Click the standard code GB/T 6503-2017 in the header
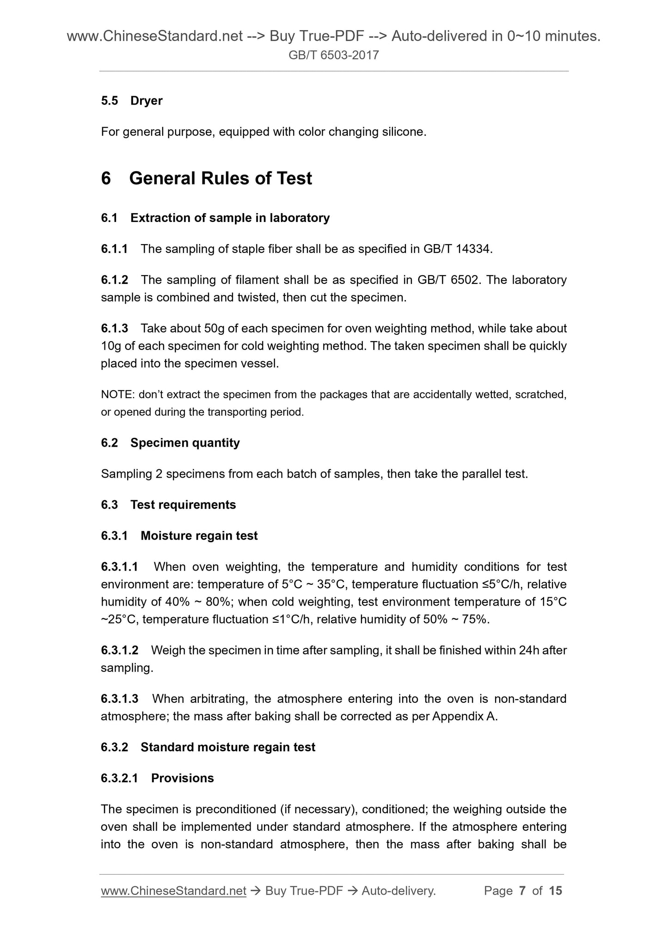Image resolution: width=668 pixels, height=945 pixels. coord(333,55)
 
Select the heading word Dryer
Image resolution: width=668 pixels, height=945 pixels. coord(146,101)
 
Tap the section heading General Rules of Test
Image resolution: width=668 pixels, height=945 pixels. coord(221,178)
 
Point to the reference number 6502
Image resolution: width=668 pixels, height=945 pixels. coord(464,280)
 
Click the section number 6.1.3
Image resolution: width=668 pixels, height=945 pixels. coord(114,329)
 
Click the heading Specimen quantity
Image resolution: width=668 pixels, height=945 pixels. coord(185,443)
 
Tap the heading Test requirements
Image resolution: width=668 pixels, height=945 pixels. coord(183,505)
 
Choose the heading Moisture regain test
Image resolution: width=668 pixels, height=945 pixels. coord(199,536)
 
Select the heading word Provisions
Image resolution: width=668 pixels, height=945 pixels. coord(183,778)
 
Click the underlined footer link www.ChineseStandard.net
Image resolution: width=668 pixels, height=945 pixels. coord(173,891)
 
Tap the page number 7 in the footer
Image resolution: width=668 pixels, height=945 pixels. coord(522,891)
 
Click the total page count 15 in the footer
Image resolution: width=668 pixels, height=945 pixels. coord(555,891)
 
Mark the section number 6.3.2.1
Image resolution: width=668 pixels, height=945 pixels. coord(119,778)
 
